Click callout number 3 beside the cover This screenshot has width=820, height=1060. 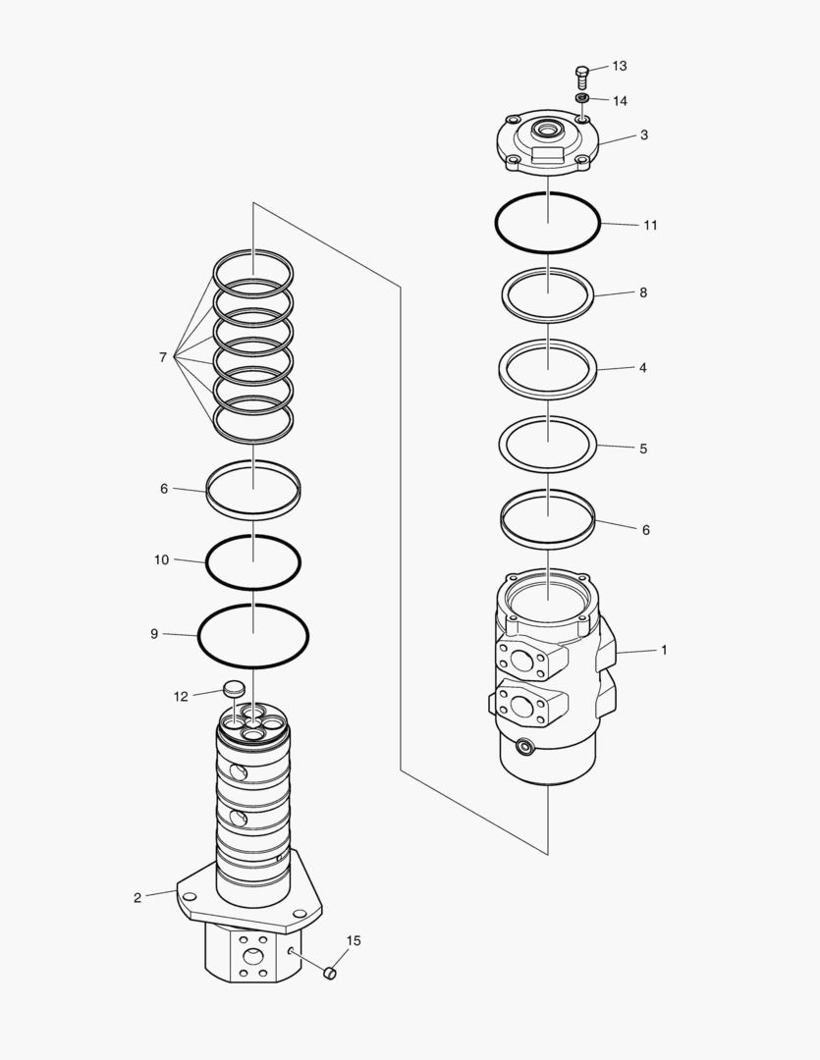coord(644,135)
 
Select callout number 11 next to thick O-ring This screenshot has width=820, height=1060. coord(650,225)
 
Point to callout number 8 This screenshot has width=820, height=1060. coord(643,292)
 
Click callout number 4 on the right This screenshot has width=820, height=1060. coord(643,368)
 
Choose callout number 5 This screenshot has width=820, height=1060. coord(643,449)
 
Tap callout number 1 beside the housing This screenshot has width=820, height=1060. coord(664,650)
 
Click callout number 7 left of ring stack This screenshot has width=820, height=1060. coord(163,358)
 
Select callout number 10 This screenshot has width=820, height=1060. coord(161,559)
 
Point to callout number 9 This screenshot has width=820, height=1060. coord(154,634)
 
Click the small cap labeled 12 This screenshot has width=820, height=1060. coord(234,688)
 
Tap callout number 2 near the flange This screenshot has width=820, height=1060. coord(137,897)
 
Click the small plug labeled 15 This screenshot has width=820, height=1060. coord(330,973)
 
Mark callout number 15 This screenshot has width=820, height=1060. coord(354,940)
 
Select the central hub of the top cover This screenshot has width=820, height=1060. coord(546,130)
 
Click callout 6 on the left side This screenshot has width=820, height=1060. coord(164,488)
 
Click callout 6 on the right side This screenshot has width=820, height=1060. coord(645,530)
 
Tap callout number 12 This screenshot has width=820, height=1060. coord(181,697)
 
